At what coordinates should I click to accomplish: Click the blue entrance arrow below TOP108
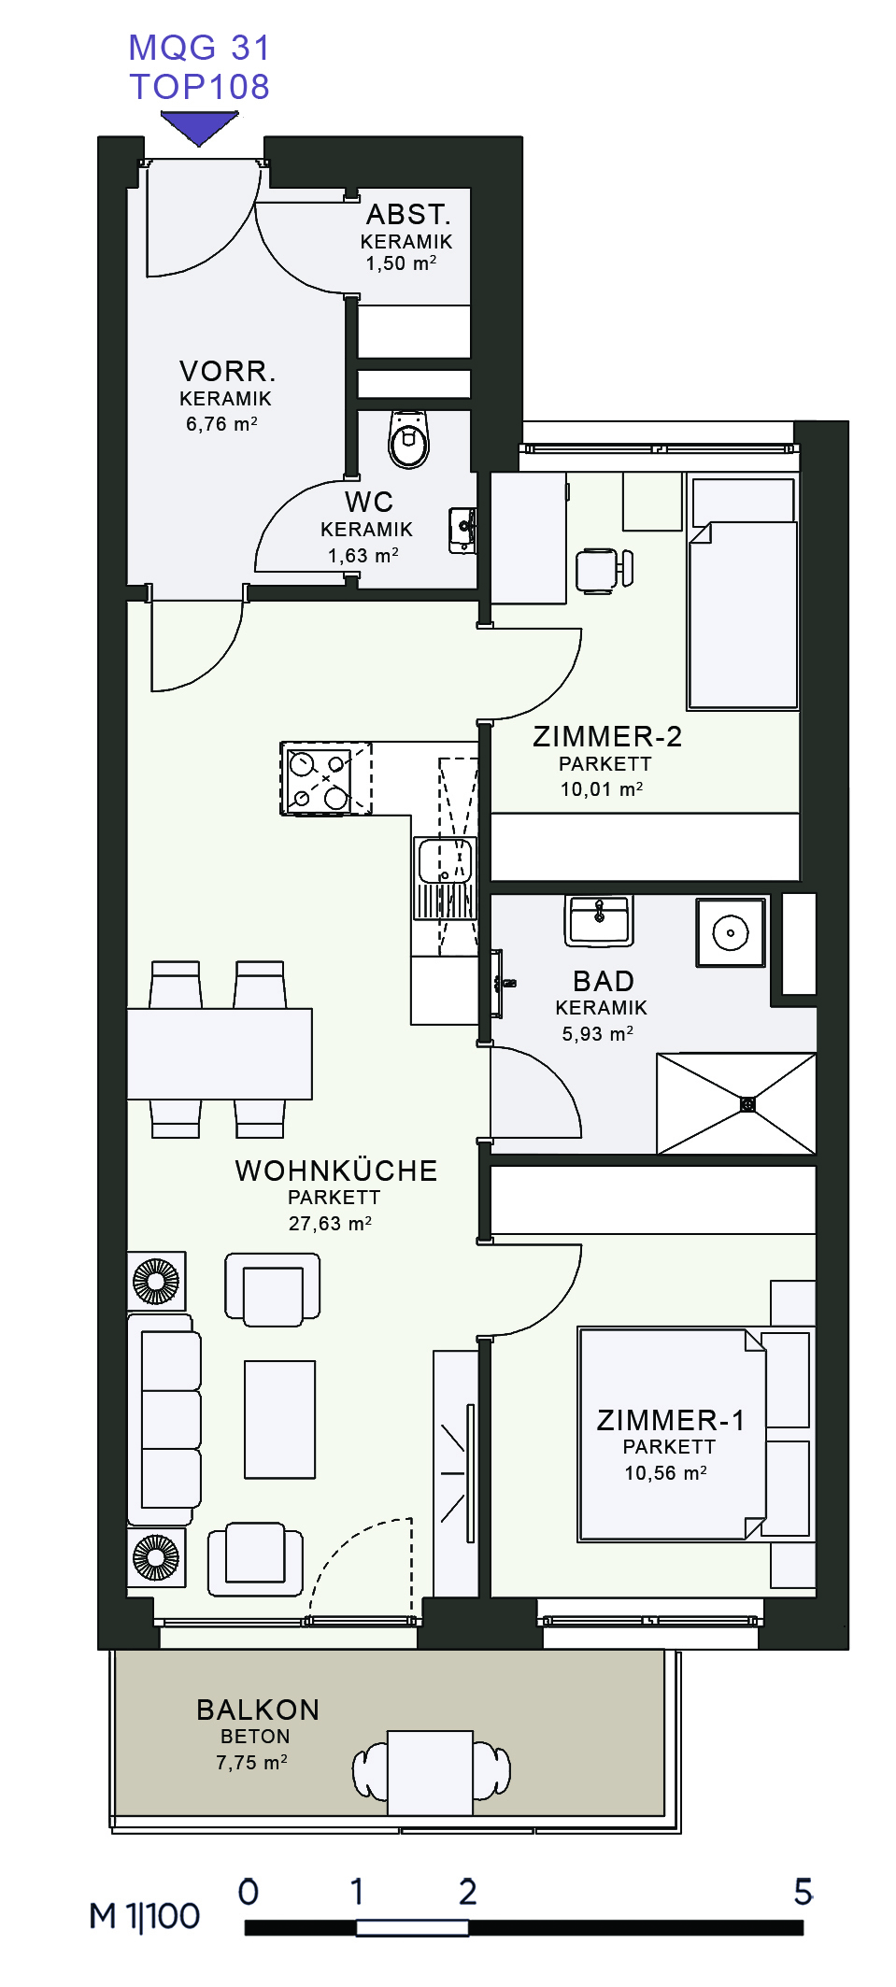click(199, 127)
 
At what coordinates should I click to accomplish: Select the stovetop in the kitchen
click(318, 779)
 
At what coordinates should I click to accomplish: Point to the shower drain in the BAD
click(747, 1104)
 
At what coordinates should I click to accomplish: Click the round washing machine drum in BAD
click(731, 932)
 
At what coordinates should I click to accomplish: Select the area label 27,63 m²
click(330, 1224)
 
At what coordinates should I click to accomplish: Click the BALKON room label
click(258, 1710)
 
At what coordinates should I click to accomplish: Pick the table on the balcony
click(430, 1772)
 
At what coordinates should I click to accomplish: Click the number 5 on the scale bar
click(803, 1892)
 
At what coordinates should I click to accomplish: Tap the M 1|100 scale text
click(144, 1916)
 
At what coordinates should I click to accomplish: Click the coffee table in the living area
click(279, 1419)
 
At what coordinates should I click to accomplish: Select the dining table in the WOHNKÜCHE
click(220, 1054)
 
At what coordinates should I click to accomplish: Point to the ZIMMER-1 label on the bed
click(671, 1420)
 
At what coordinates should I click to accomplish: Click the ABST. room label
click(408, 215)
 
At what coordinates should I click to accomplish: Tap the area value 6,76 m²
click(221, 424)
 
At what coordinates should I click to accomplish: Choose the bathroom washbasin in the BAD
click(599, 919)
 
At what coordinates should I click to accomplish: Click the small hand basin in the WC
click(463, 531)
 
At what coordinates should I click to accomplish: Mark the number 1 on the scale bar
click(356, 1892)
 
